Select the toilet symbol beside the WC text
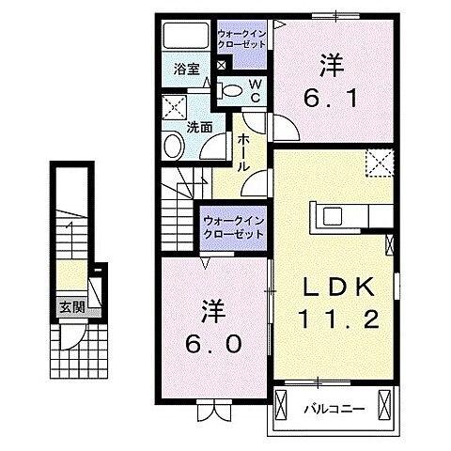pos(228,90)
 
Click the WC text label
pos(254,91)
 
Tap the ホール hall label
pos(242,150)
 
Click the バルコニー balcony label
pos(328,409)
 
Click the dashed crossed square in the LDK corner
pos(381,163)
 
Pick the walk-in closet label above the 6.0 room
pos(233,227)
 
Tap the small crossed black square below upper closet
pos(221,66)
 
